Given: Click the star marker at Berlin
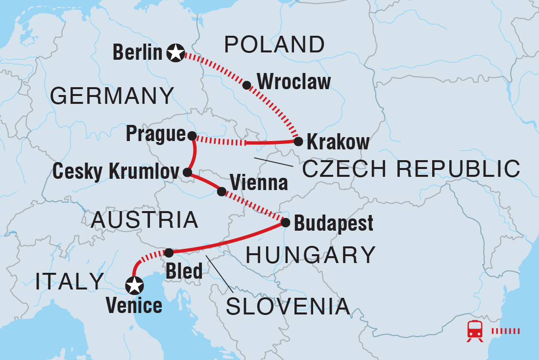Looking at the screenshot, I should [175, 52].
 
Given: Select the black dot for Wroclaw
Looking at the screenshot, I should [247, 85].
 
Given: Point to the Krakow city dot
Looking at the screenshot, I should [297, 142].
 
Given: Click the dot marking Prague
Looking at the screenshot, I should [192, 135].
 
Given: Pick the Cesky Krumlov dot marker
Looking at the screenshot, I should [187, 172].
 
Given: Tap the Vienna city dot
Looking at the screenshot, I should [221, 192].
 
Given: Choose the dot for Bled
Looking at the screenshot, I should [169, 253].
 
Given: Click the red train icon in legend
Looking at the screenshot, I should [474, 331].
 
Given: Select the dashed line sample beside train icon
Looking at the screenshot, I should [505, 331].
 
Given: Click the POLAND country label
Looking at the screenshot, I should [274, 45].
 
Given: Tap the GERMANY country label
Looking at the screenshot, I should [112, 96].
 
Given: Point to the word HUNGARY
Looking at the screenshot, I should [310, 255].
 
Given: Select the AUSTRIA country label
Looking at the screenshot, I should [145, 220].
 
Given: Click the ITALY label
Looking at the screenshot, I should [70, 281].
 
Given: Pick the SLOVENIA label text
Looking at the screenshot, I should [288, 307].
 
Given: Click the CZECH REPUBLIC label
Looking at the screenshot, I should [411, 169].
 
